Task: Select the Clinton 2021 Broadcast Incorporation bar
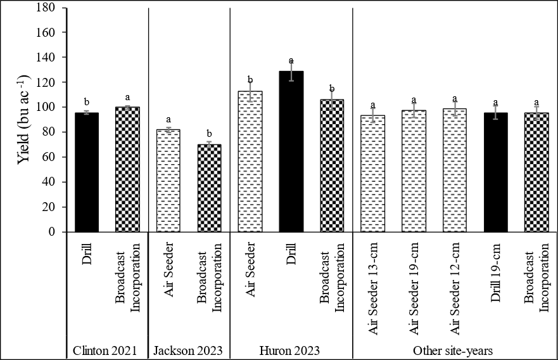coord(127,170)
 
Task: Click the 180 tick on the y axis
coord(54,8)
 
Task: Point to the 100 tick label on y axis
coord(54,107)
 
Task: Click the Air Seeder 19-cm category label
coord(414,278)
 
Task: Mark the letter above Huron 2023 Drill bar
coord(291,60)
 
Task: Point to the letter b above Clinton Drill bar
coord(87,101)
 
